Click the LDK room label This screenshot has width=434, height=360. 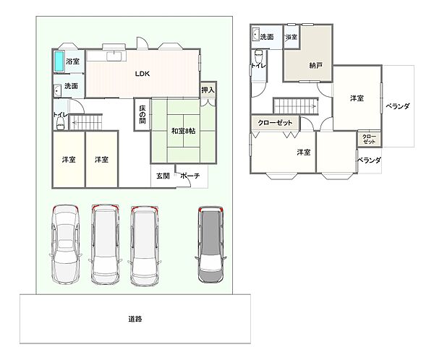142,74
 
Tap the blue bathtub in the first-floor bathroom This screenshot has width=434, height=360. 59,61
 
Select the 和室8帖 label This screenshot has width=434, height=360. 183,131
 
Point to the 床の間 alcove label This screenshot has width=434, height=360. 142,114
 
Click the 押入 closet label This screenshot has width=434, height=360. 208,90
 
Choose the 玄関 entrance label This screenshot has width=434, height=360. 163,176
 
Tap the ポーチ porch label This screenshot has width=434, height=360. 190,176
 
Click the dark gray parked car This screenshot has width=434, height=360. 211,244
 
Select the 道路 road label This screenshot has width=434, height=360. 135,319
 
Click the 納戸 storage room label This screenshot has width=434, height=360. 315,66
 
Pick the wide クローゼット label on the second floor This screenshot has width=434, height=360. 275,123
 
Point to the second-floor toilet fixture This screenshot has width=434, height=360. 258,56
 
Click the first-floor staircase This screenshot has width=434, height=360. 85,122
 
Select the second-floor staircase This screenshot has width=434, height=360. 296,106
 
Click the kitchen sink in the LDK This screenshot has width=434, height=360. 114,56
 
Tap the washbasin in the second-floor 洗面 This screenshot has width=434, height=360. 256,34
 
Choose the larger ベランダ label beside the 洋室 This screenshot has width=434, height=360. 397,106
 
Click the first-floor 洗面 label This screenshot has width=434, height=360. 71,86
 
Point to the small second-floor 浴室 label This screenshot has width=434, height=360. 292,37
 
